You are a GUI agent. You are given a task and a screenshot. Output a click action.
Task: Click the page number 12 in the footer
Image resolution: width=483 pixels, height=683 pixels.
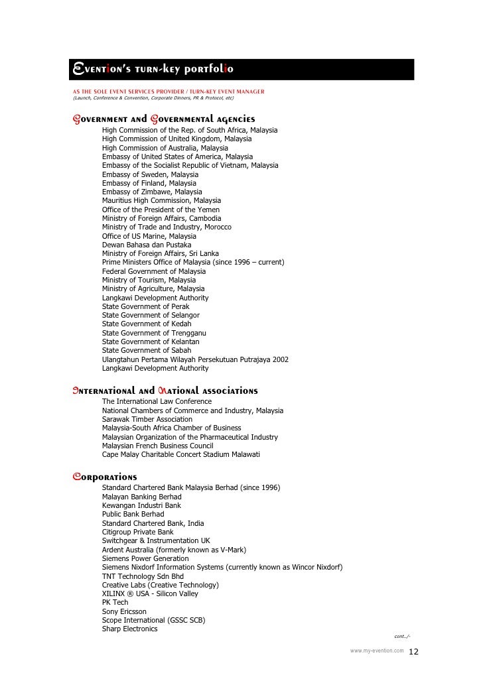click(x=414, y=652)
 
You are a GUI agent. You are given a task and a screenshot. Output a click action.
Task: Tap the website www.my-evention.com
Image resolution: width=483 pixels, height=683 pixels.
click(x=376, y=651)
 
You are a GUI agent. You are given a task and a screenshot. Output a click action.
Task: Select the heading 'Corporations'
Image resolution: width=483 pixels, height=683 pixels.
click(x=104, y=477)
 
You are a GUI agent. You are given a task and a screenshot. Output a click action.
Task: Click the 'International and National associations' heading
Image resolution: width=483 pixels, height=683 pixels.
click(x=165, y=391)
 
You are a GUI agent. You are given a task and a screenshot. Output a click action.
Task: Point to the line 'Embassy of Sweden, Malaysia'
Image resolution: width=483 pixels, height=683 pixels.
click(x=150, y=174)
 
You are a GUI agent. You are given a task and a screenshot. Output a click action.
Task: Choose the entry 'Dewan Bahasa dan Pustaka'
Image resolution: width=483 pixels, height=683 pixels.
click(x=147, y=245)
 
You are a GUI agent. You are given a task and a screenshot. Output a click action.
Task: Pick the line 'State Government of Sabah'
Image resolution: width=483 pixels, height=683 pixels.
click(x=147, y=350)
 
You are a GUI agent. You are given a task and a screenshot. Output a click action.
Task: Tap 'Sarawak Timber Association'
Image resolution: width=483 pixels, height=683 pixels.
click(x=147, y=419)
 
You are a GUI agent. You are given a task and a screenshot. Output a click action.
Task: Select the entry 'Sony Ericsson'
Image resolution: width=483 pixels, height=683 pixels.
click(x=124, y=611)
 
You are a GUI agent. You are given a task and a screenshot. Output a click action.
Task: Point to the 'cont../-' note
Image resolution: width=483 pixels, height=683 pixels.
click(x=402, y=637)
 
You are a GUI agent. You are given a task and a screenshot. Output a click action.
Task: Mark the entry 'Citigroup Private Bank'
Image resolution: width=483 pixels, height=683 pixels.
click(x=138, y=532)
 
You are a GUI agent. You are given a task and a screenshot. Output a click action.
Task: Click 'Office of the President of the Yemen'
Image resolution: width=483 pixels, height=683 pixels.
click(x=161, y=210)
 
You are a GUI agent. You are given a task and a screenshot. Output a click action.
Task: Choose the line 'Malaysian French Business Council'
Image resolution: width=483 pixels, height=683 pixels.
click(x=158, y=446)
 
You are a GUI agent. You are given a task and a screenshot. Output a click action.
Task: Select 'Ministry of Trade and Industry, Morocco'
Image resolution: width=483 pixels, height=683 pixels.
click(x=167, y=227)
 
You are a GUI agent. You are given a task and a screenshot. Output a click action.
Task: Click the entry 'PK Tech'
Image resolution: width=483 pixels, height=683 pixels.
click(x=115, y=602)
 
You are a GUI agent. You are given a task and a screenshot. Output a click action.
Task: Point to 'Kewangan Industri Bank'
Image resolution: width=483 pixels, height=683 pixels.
click(x=141, y=505)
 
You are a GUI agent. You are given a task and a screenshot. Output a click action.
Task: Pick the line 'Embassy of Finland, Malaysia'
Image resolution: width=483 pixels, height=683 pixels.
click(x=149, y=183)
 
